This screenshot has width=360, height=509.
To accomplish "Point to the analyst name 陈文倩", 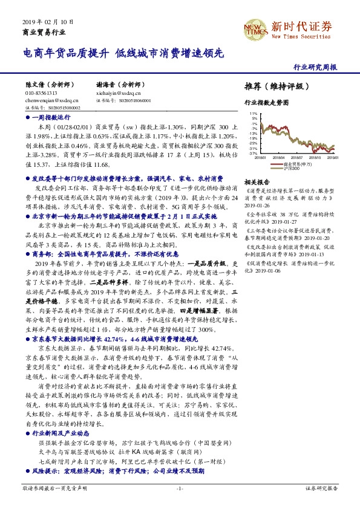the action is point(34,86).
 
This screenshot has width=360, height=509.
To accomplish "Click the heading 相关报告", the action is point(257,181).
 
